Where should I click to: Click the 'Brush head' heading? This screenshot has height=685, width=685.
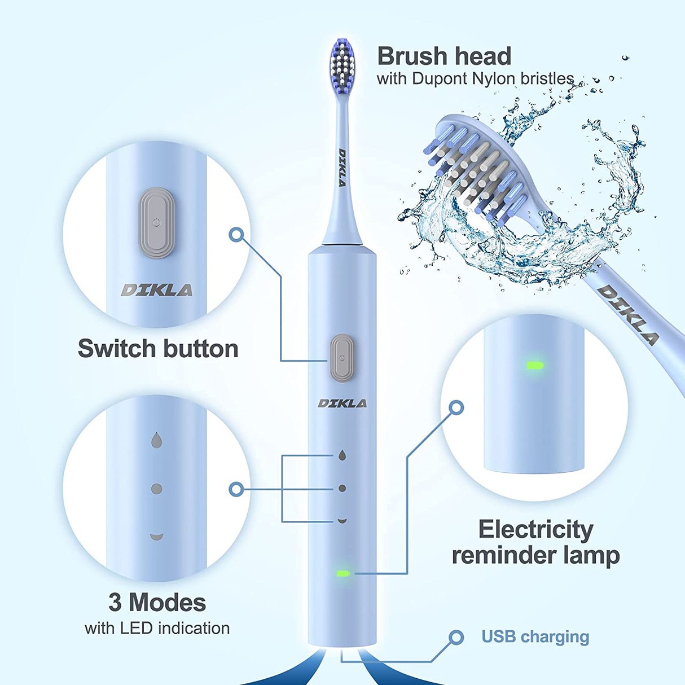click(444, 56)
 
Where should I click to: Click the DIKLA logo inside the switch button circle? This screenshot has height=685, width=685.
click(157, 291)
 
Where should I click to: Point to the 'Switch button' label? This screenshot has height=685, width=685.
click(158, 349)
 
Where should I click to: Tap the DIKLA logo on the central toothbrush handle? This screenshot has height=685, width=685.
click(342, 403)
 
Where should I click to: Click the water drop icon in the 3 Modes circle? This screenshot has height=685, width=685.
click(157, 440)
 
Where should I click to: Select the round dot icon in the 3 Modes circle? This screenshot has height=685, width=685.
click(157, 489)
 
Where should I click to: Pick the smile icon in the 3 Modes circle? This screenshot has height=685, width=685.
click(157, 536)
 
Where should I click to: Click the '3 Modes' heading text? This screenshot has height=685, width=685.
click(157, 603)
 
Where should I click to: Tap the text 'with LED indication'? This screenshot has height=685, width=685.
click(157, 628)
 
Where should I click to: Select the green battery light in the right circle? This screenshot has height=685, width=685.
click(534, 366)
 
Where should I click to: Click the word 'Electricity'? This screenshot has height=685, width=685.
click(535, 530)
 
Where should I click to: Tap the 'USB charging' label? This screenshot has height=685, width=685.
click(535, 636)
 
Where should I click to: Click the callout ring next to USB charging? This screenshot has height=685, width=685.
click(456, 638)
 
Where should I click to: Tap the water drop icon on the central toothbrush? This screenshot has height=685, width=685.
click(342, 455)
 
